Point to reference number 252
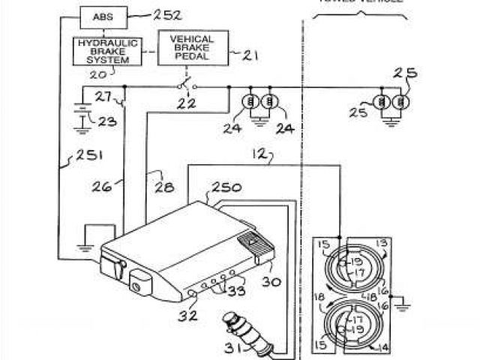coord(167,14)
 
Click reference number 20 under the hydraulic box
coord(98,73)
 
